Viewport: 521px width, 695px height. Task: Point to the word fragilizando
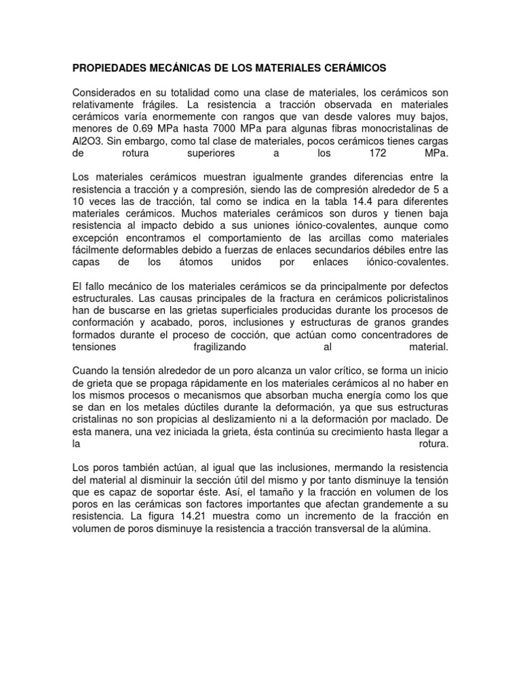pyautogui.click(x=218, y=347)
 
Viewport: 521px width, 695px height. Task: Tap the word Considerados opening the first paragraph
pyautogui.click(x=104, y=92)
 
